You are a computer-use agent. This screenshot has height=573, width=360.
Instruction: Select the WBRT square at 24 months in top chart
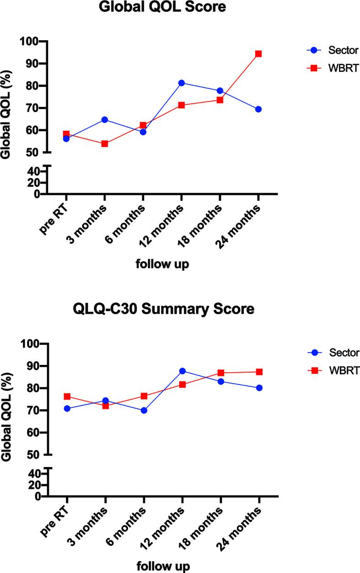coord(258,54)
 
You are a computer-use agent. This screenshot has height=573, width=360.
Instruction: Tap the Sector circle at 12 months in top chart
coord(182,83)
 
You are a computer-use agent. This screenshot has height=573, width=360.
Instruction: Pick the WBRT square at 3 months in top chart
coord(105,144)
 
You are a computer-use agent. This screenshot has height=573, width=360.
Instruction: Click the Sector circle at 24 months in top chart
coord(258,109)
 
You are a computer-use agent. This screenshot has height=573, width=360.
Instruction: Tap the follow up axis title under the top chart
coord(162,265)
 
